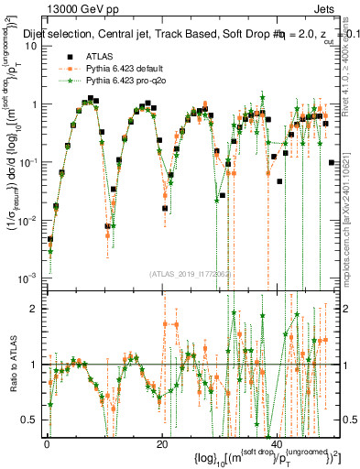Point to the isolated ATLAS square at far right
pyautogui.click(x=330, y=162)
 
